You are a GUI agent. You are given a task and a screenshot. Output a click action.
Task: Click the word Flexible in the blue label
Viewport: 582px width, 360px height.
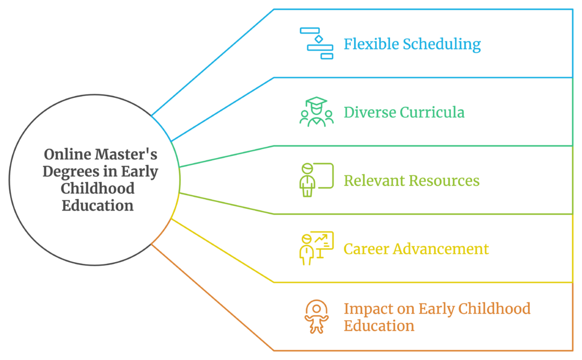click(x=371, y=44)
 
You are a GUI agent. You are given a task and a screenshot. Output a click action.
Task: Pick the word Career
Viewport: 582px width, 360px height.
click(x=367, y=249)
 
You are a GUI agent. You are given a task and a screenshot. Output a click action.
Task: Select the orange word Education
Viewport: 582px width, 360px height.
click(x=379, y=326)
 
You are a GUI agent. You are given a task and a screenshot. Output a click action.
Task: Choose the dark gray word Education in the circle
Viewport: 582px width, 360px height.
click(x=98, y=205)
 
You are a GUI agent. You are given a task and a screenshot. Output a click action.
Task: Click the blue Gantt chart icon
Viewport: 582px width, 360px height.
click(x=317, y=43)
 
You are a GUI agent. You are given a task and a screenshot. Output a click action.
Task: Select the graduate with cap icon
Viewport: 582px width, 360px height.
click(x=317, y=112)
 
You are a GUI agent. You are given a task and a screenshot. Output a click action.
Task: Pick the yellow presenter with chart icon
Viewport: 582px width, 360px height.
click(x=317, y=248)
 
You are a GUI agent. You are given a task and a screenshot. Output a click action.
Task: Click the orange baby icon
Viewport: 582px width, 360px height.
click(x=317, y=317)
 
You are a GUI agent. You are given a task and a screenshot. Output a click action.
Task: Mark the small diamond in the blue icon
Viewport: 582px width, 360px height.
click(x=319, y=39)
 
